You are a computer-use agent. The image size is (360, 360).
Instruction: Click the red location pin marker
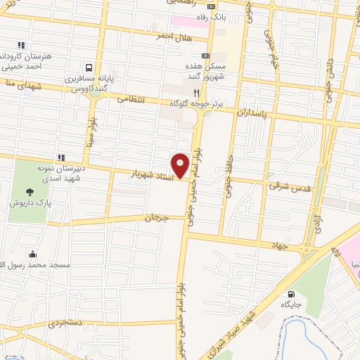point(181,165)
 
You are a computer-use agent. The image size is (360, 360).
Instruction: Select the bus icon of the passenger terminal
point(89,67)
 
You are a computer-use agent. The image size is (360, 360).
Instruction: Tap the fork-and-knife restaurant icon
point(196,91)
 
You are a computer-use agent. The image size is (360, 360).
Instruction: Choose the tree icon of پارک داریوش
point(30,191)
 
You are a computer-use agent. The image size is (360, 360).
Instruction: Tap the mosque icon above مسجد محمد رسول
point(32,255)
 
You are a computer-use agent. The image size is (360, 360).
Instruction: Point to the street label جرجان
point(157,217)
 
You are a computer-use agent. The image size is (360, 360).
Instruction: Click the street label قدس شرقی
point(284,186)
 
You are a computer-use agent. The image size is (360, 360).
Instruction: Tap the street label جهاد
point(280,245)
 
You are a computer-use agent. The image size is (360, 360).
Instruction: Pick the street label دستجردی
point(65,324)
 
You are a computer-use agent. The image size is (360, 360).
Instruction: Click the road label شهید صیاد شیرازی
point(237,323)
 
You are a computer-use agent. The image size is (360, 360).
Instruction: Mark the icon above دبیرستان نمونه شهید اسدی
point(61,157)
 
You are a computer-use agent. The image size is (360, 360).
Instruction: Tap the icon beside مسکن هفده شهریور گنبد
point(205,56)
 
